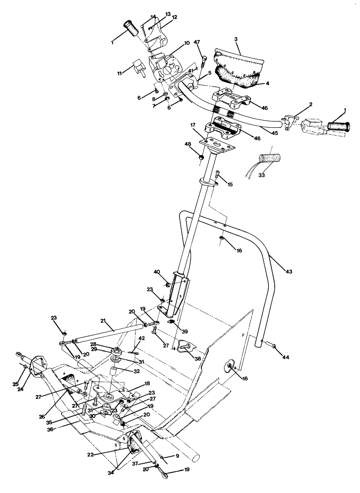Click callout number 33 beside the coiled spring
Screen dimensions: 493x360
tap(261, 175)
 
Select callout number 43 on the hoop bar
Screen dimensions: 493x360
tap(289, 271)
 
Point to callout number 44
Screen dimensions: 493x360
tap(285, 357)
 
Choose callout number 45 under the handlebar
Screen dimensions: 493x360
tap(274, 133)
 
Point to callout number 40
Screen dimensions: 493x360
tap(157, 272)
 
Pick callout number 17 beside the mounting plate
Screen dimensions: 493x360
tap(193, 125)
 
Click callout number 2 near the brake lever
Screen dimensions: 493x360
tap(310, 104)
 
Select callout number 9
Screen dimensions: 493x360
tap(177, 456)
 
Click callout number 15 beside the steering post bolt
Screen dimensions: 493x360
tap(230, 184)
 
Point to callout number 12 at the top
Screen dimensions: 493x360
tap(175, 17)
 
